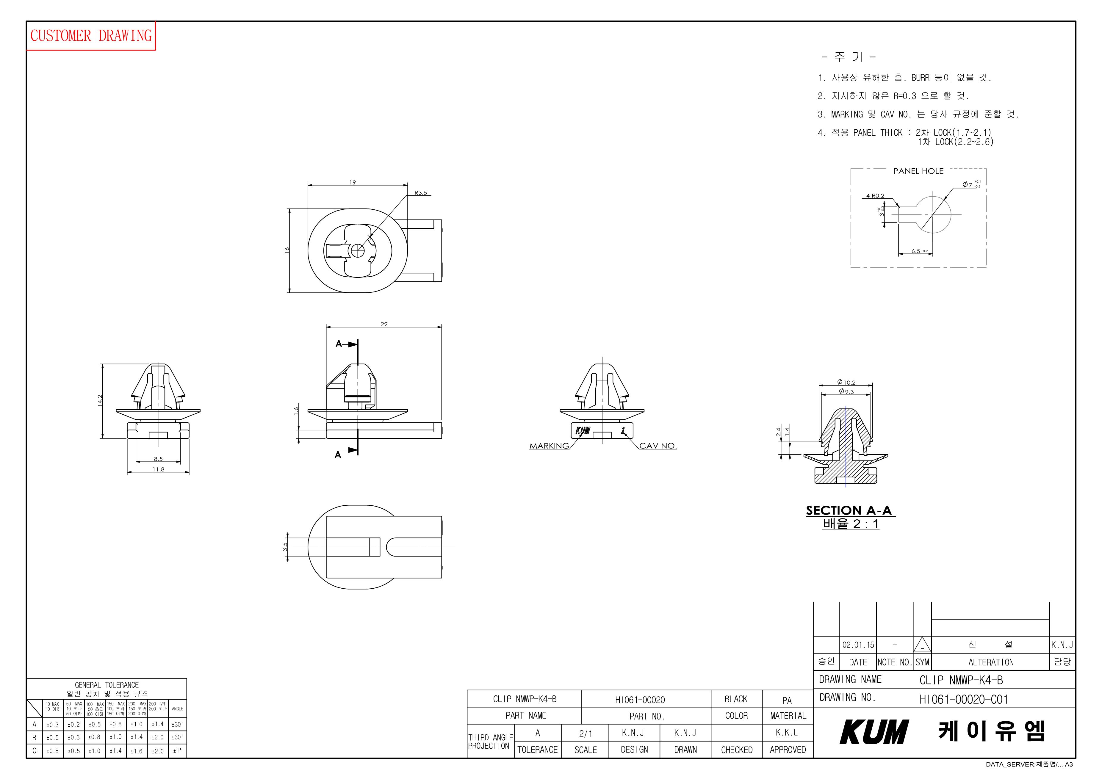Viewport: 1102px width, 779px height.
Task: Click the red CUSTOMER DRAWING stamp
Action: (x=91, y=35)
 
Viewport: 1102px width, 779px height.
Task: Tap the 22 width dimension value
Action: (x=384, y=325)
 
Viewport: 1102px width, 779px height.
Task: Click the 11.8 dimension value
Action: (x=158, y=469)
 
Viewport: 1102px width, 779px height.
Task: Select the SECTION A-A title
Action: (x=849, y=511)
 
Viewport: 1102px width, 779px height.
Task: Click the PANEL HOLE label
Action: (x=918, y=171)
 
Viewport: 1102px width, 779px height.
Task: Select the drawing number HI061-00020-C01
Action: (x=964, y=699)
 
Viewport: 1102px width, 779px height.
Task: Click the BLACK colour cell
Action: (x=736, y=699)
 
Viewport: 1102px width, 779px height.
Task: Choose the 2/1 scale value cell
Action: (x=586, y=733)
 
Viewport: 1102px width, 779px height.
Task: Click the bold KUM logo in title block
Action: (x=874, y=732)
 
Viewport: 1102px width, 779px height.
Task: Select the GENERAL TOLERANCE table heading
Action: (x=107, y=685)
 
